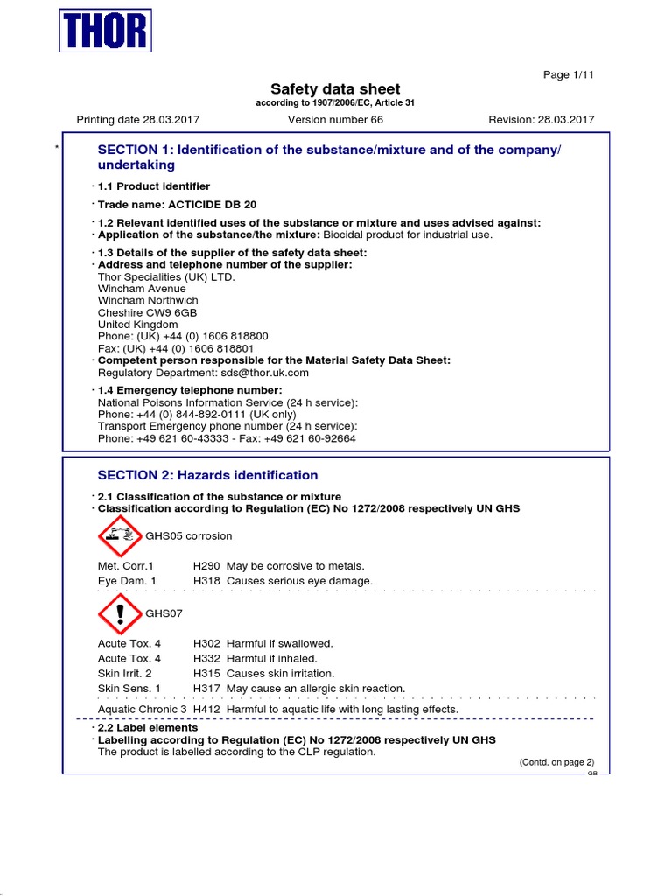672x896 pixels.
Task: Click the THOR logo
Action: click(x=105, y=31)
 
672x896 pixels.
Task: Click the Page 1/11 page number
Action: click(x=569, y=75)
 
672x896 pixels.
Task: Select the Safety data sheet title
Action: click(x=335, y=89)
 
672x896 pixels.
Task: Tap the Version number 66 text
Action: click(x=335, y=120)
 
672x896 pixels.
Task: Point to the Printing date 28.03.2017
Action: click(x=138, y=120)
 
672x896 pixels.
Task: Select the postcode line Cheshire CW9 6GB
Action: click(x=147, y=312)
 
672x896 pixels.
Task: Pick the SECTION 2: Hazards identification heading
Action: click(x=207, y=475)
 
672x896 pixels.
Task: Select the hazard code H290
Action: click(x=206, y=566)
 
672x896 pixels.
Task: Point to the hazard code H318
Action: click(x=206, y=581)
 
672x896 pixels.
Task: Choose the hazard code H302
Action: click(x=206, y=643)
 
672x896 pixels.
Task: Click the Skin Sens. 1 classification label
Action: click(x=129, y=689)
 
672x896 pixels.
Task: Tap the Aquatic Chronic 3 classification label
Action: click(x=142, y=709)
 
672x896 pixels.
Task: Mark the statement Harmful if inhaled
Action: click(x=272, y=658)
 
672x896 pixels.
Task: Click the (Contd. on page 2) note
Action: click(x=556, y=762)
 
